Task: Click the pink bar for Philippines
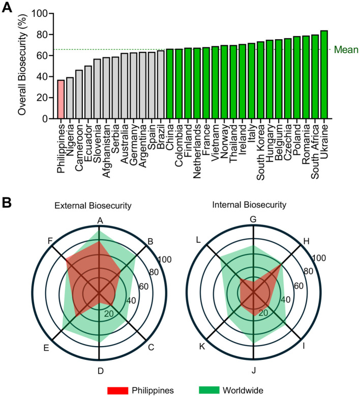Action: tap(61, 99)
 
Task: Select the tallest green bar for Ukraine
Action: tap(324, 74)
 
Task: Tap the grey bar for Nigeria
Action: tap(70, 98)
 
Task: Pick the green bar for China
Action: tap(170, 84)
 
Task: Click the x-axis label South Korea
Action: tap(260, 152)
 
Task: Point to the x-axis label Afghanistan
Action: tap(106, 151)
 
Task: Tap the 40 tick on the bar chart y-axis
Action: tap(42, 76)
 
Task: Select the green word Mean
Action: tap(346, 49)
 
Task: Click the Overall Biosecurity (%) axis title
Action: tap(22, 65)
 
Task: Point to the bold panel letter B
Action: tap(7, 203)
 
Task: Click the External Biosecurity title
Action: tap(93, 205)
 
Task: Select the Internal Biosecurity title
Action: tap(249, 205)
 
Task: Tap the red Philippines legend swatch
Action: tap(117, 390)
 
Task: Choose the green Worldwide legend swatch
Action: tap(209, 390)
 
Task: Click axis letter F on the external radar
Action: tap(50, 241)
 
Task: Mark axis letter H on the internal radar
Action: tap(307, 241)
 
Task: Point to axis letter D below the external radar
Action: tap(101, 371)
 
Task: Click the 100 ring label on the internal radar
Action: tap(319, 258)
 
